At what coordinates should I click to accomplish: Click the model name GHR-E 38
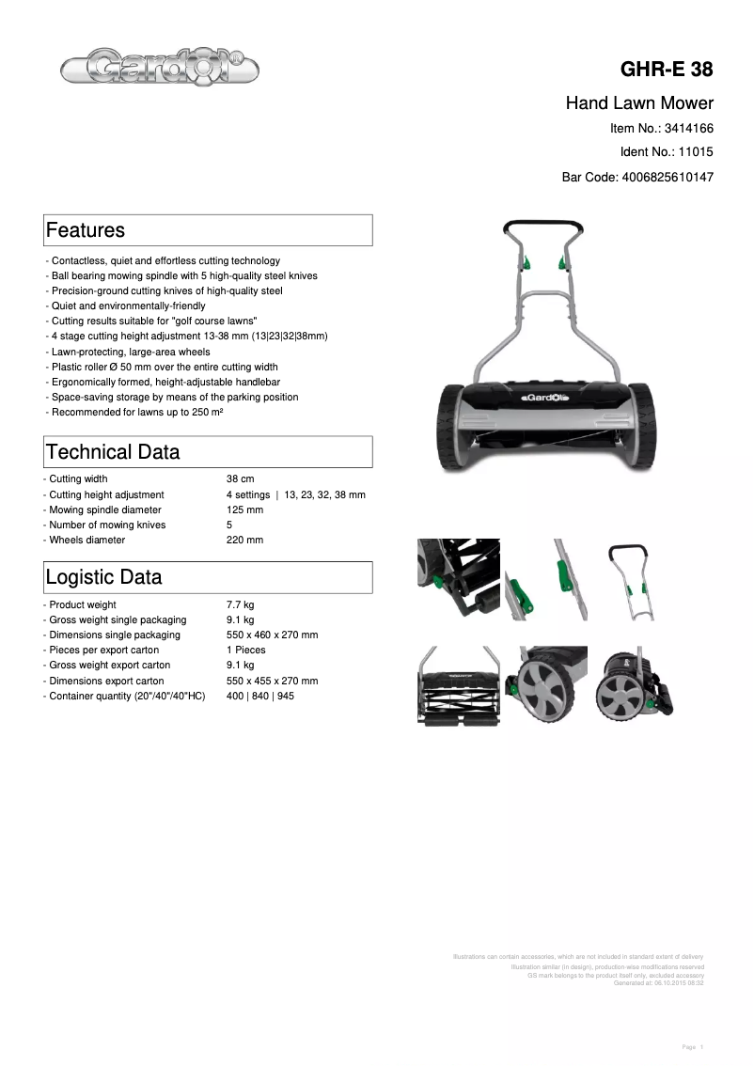666,70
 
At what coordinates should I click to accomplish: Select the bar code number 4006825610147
668,176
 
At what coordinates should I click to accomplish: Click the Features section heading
86,230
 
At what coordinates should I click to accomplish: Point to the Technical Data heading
113,452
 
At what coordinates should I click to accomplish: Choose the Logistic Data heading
104,577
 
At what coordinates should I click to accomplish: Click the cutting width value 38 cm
241,479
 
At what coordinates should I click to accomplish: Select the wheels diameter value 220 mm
244,541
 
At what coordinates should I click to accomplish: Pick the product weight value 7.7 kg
241,605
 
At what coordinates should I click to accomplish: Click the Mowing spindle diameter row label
106,510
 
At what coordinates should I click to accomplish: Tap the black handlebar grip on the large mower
542,227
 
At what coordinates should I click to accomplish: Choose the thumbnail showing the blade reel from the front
458,684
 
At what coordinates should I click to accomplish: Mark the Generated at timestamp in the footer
658,983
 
